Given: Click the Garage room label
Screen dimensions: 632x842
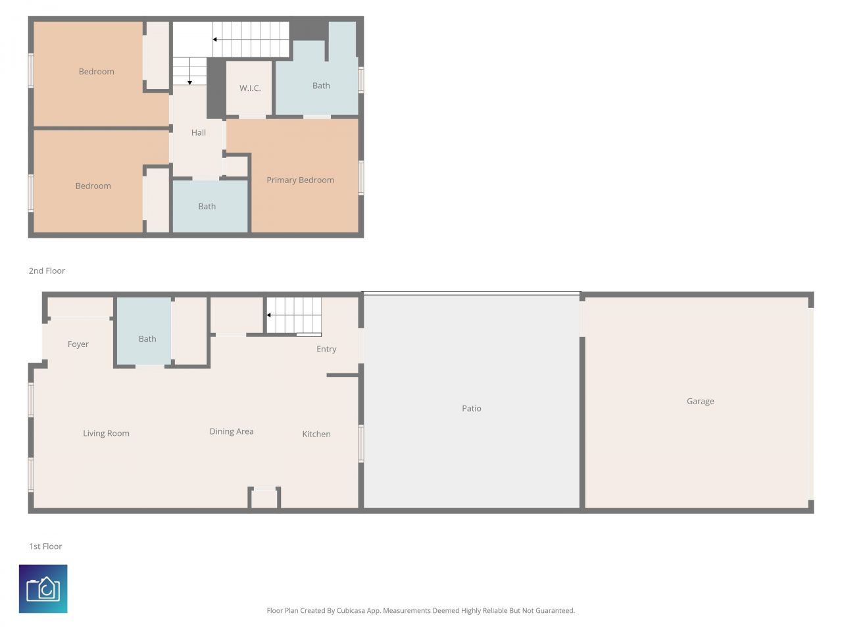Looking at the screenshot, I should point(700,401).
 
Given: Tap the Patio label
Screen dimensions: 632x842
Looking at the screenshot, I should point(471,408).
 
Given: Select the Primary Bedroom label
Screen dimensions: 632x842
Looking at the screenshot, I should point(300,180).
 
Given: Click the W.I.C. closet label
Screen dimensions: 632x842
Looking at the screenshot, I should point(250,88).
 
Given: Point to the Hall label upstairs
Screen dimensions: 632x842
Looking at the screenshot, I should point(198,132).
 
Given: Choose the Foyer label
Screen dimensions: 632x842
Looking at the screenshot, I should point(78,344).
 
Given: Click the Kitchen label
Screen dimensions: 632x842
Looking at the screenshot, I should point(316,434).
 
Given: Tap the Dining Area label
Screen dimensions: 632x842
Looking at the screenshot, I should point(231,431).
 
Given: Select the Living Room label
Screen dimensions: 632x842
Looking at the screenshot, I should point(106,433).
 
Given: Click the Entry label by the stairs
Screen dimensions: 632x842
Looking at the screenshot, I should point(326,349).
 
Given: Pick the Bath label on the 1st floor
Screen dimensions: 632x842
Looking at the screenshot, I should point(147,339).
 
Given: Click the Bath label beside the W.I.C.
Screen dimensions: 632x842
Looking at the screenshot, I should point(321,86).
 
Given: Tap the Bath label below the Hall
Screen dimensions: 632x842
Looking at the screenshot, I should point(207,206).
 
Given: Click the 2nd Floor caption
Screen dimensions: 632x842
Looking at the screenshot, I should point(47,271).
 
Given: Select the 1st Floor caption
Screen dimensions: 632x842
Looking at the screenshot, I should point(45,546).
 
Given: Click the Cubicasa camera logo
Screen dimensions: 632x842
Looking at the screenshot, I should point(43,589).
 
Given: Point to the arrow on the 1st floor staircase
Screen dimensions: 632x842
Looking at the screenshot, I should point(269,315).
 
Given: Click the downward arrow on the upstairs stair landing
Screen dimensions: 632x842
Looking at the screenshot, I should point(190,81).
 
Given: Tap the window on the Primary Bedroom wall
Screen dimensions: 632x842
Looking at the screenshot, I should point(361,178).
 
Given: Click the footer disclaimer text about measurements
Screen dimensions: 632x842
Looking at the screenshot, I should point(420,611).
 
